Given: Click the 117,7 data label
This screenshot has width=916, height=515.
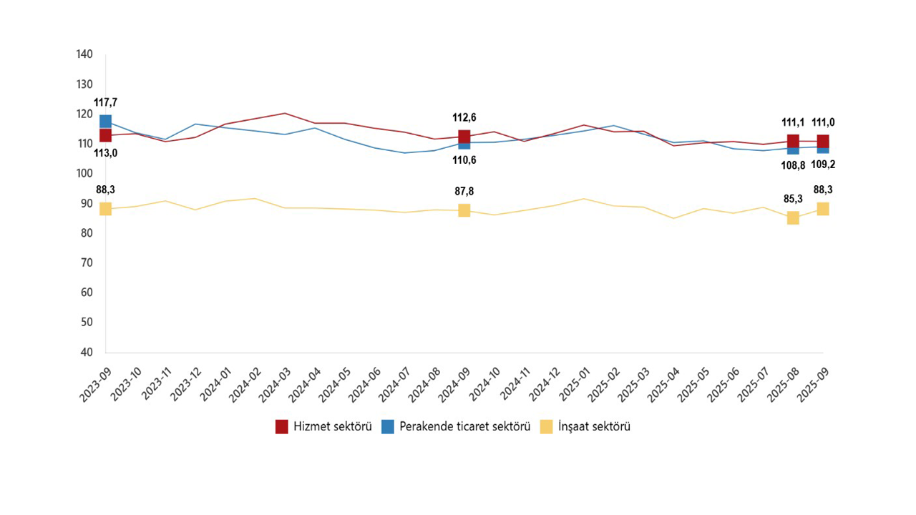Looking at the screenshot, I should pyautogui.click(x=106, y=102).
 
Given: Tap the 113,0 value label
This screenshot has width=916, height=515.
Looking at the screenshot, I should pyautogui.click(x=106, y=152).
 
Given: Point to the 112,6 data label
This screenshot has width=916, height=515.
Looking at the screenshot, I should pyautogui.click(x=464, y=118).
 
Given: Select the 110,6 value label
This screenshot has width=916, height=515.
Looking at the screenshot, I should pyautogui.click(x=464, y=160).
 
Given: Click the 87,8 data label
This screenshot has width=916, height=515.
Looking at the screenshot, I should pyautogui.click(x=464, y=192).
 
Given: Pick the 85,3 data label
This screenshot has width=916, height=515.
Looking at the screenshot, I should pyautogui.click(x=791, y=199).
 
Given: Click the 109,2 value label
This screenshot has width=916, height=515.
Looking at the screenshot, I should pyautogui.click(x=823, y=165).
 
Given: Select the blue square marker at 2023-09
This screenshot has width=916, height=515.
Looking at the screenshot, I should pyautogui.click(x=106, y=121).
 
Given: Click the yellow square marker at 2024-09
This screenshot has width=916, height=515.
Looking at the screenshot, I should pyautogui.click(x=464, y=210).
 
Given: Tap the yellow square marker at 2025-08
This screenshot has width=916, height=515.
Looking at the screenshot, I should pyautogui.click(x=793, y=217).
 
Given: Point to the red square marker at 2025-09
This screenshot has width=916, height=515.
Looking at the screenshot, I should pyautogui.click(x=823, y=141).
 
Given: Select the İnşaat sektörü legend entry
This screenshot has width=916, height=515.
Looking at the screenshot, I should pyautogui.click(x=586, y=426).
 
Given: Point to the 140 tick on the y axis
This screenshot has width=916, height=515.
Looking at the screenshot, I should pyautogui.click(x=85, y=54).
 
